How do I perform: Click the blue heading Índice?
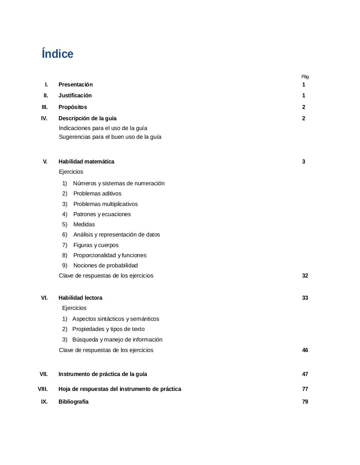pyautogui.click(x=57, y=54)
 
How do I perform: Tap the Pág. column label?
pyautogui.click(x=305, y=77)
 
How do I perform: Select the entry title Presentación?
pyautogui.click(x=76, y=85)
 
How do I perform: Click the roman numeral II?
pyautogui.click(x=45, y=96)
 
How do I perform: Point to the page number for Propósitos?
pyautogui.click(x=304, y=107)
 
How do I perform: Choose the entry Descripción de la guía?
pyautogui.click(x=87, y=118)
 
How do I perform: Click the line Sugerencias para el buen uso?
pyautogui.click(x=110, y=137)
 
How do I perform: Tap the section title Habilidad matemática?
pyautogui.click(x=86, y=162)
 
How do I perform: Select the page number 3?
pyautogui.click(x=304, y=162)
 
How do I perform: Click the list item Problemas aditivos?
pyautogui.click(x=97, y=194)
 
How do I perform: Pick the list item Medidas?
pyautogui.click(x=84, y=225)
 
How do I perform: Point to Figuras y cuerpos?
pyautogui.click(x=96, y=245)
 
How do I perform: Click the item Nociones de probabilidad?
pyautogui.click(x=105, y=266)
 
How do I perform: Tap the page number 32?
pyautogui.click(x=305, y=276)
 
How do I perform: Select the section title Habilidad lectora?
pyautogui.click(x=80, y=298)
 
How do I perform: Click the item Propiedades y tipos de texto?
pyautogui.click(x=108, y=329)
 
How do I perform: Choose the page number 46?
pyautogui.click(x=305, y=350)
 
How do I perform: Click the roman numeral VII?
pyautogui.click(x=44, y=374)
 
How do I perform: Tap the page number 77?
pyautogui.click(x=305, y=389)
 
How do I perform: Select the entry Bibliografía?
pyautogui.click(x=73, y=402)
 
